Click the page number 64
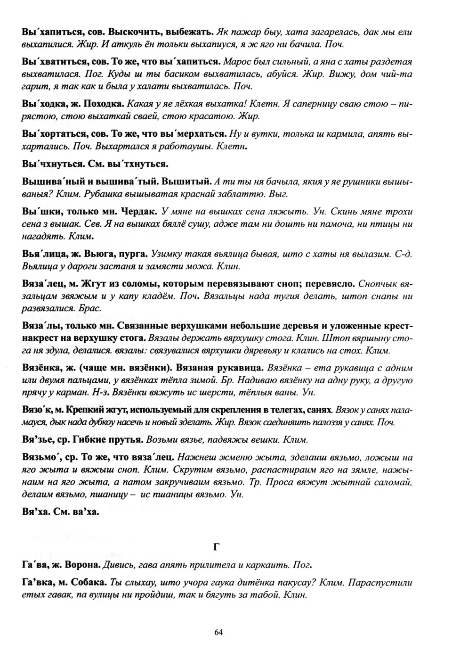tap(218, 632)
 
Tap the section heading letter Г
tap(217, 547)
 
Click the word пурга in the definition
tap(133, 255)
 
